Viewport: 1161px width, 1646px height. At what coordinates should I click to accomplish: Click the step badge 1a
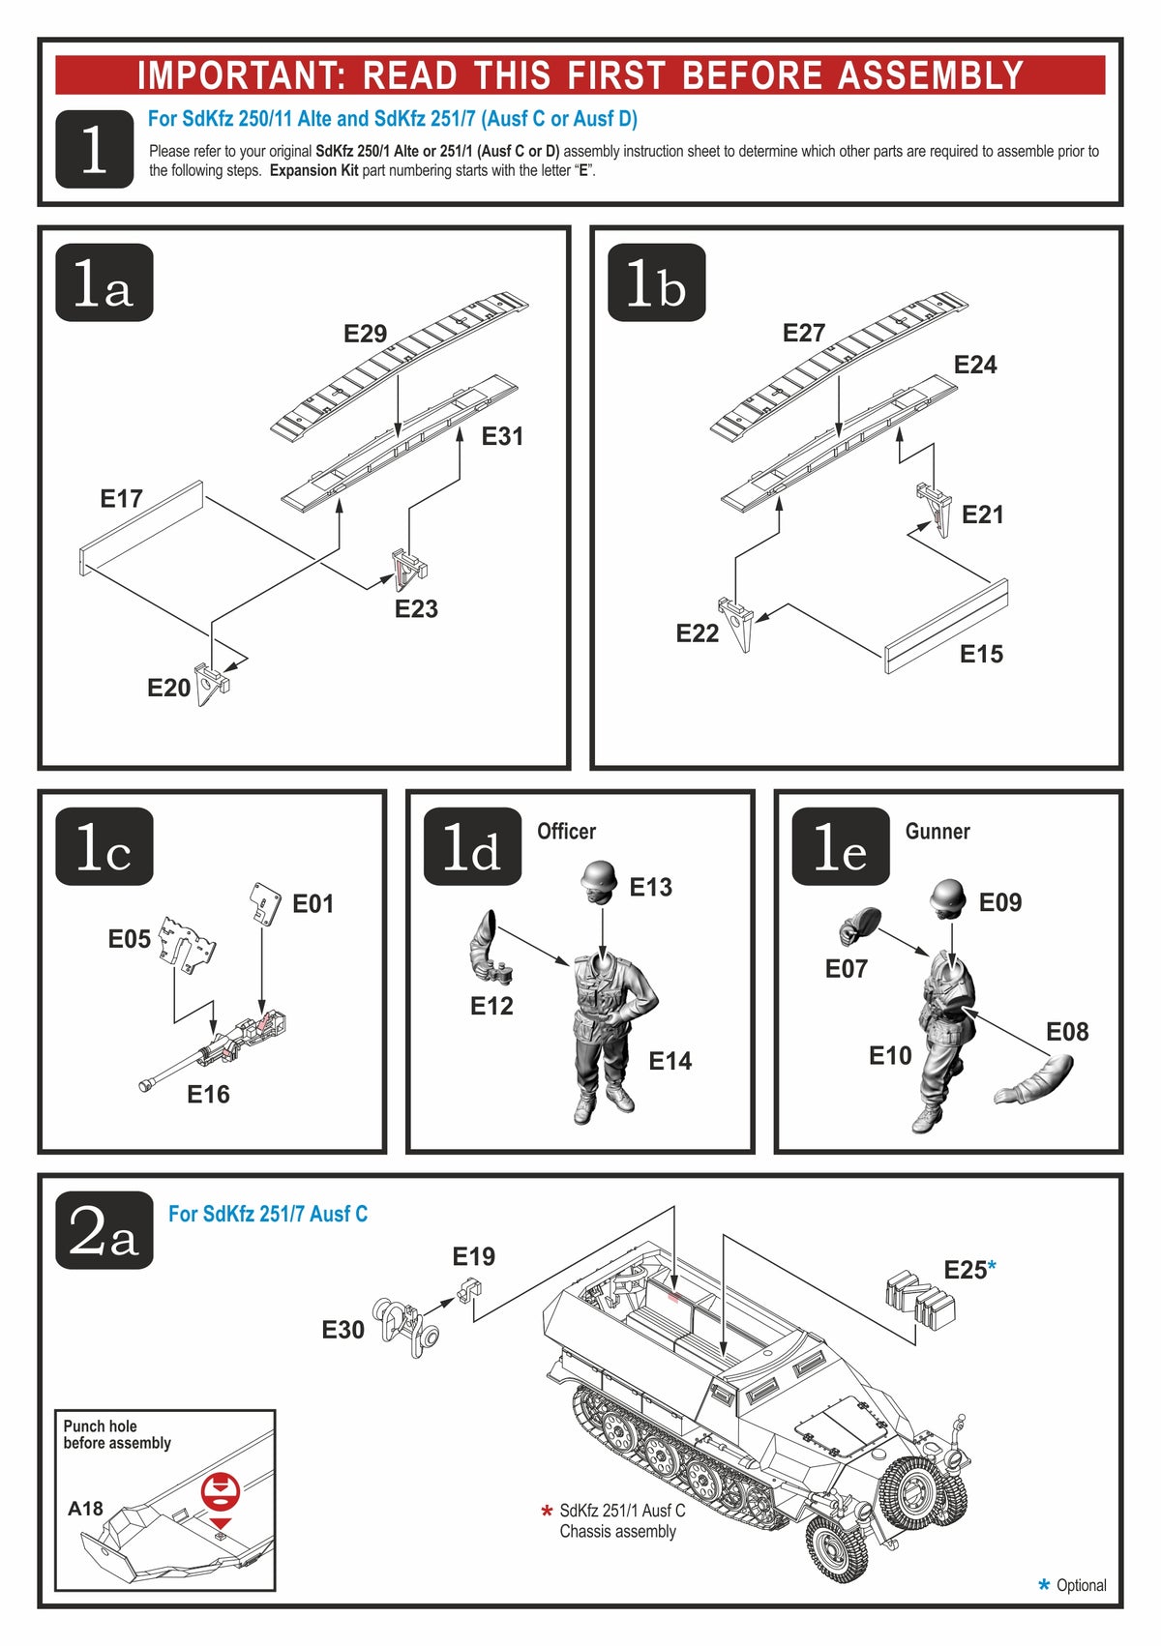[104, 282]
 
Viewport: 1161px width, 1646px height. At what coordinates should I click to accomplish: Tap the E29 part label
[365, 334]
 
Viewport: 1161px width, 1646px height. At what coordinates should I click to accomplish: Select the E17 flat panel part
[141, 528]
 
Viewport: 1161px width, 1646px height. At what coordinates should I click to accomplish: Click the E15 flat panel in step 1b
[946, 626]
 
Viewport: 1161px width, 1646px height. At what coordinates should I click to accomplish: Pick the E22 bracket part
[740, 624]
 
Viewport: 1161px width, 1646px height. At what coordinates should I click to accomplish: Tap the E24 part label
[974, 365]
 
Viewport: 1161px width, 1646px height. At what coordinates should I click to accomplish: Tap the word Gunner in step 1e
[937, 831]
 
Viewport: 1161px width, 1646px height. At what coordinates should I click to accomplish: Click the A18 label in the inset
[85, 1508]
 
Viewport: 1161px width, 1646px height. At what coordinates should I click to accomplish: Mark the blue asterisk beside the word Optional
[1043, 1584]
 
